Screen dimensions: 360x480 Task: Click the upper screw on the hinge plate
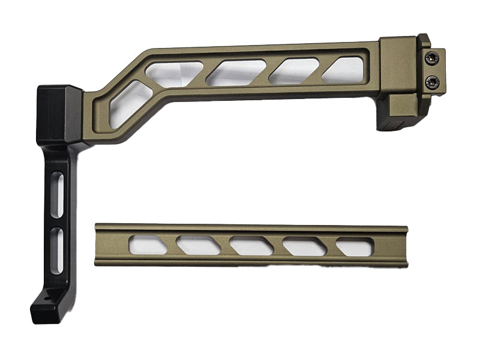[431, 58]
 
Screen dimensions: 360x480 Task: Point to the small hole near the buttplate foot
[46, 296]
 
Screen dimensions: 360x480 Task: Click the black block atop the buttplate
[59, 115]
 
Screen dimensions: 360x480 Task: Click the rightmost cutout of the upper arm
[343, 69]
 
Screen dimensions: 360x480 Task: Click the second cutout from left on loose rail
[199, 245]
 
